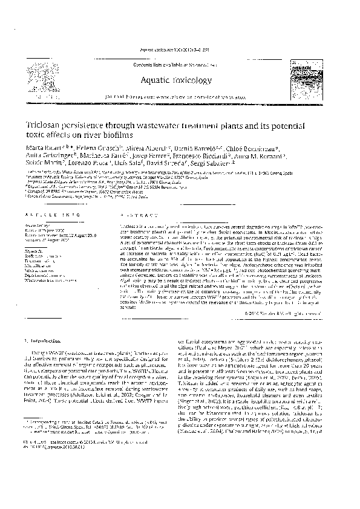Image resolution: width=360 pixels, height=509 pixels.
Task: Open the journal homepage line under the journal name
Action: tap(183, 96)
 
